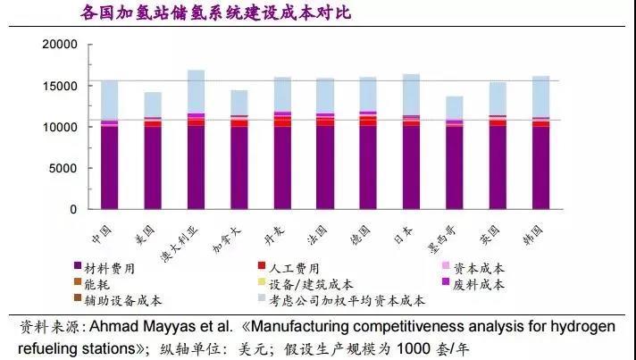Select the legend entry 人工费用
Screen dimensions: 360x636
pyautogui.click(x=290, y=268)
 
